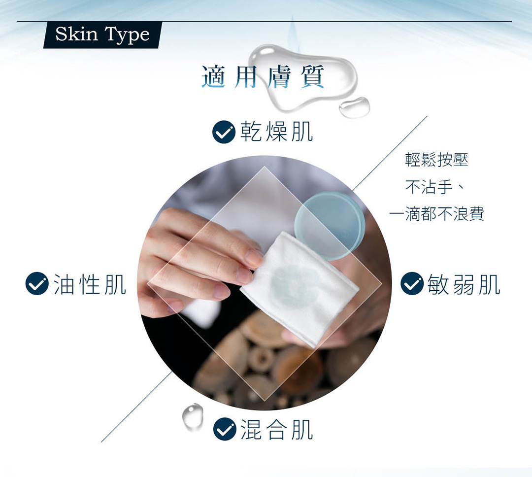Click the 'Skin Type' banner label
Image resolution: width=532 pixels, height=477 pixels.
[x=102, y=34]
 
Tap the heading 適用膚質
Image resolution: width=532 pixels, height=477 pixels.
[x=263, y=77]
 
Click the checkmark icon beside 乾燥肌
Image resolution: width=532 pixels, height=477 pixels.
[x=224, y=132]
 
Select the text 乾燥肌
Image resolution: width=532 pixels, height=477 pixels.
[x=276, y=132]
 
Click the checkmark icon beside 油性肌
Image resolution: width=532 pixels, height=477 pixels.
[x=37, y=283]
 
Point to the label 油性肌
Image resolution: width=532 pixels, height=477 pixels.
[x=90, y=284]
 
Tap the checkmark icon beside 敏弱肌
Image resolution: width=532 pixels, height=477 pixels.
[x=412, y=283]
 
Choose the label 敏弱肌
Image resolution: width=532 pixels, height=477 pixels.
[x=464, y=284]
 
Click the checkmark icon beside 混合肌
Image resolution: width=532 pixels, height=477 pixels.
[x=225, y=429]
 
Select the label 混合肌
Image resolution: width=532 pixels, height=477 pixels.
[x=276, y=430]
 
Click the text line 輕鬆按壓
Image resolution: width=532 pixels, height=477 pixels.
[x=436, y=160]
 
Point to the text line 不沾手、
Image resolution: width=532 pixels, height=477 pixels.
[x=434, y=187]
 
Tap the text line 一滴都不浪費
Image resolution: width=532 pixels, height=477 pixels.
[x=436, y=214]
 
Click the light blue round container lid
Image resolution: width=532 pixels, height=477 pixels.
[x=330, y=225]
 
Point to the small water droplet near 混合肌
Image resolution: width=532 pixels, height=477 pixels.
[x=193, y=416]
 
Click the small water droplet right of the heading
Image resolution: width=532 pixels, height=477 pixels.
[x=354, y=107]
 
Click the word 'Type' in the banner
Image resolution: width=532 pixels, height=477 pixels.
[x=127, y=35]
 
